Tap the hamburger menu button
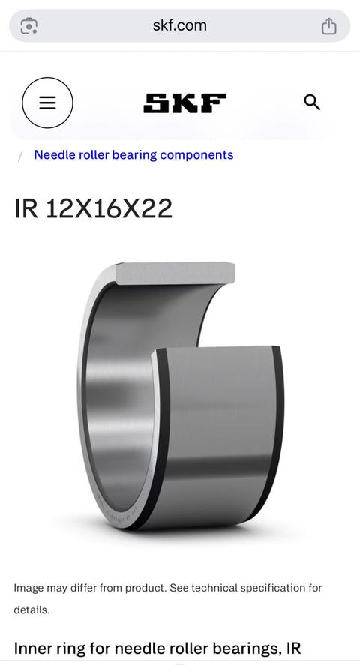(47, 103)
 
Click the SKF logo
(185, 103)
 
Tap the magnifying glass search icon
(312, 103)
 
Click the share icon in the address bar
(329, 26)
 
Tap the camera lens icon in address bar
(28, 26)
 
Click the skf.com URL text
(180, 25)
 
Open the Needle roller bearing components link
(133, 154)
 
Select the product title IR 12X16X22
(93, 208)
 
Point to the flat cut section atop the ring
(174, 273)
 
